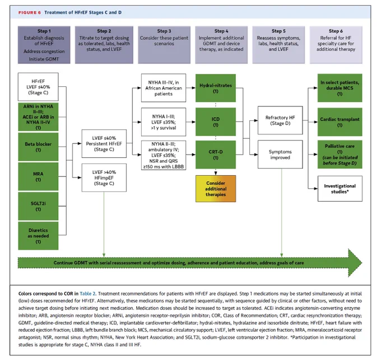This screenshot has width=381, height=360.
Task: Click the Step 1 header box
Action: (x=44, y=45)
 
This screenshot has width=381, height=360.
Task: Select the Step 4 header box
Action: (x=221, y=45)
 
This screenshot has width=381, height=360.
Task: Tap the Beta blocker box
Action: (x=38, y=147)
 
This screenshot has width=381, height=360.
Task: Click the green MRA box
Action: (x=38, y=176)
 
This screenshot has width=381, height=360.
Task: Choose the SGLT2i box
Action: (x=38, y=206)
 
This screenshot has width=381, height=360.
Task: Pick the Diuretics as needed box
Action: (x=38, y=236)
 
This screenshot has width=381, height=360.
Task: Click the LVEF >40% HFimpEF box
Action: (x=104, y=177)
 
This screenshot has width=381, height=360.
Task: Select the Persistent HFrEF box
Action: (x=104, y=144)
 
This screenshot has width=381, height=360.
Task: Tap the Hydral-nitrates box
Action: (x=216, y=88)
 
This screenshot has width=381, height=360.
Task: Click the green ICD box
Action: (x=216, y=122)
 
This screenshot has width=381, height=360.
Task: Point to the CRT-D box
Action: (x=216, y=155)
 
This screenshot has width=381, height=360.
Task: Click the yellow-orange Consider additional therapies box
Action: (x=216, y=189)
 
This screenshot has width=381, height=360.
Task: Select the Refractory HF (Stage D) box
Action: (x=280, y=120)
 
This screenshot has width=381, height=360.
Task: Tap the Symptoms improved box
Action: (x=280, y=155)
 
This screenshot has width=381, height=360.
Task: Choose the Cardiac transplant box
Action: (x=340, y=122)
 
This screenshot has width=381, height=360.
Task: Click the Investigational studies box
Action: (x=340, y=189)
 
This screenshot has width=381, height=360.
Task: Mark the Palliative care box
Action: (x=340, y=155)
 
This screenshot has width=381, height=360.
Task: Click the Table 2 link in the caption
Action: (x=87, y=294)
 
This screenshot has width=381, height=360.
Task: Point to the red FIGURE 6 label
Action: (x=30, y=13)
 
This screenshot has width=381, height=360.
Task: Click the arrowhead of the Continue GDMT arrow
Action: (x=355, y=263)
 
